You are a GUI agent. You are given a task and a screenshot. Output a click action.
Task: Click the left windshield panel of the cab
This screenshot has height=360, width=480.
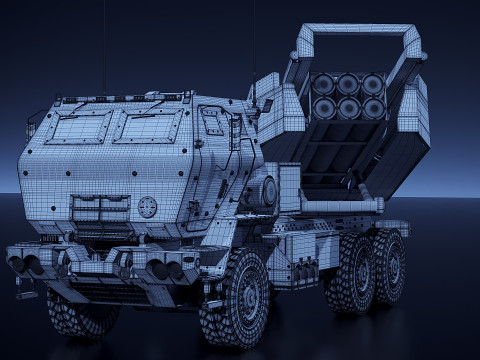79,127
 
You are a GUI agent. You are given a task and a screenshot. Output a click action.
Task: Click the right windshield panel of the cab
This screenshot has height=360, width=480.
148,126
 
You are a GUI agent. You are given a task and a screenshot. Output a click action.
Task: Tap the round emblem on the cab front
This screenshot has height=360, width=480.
148,207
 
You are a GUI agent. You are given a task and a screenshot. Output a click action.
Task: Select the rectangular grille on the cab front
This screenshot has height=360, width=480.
100,209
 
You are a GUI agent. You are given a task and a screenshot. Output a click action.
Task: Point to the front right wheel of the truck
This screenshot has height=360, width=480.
236,297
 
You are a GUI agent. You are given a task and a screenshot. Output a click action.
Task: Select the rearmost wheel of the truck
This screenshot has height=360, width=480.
388,264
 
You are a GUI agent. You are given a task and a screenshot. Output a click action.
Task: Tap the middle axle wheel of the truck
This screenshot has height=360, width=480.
351,272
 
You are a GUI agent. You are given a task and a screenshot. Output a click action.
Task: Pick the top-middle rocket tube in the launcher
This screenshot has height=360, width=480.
349,85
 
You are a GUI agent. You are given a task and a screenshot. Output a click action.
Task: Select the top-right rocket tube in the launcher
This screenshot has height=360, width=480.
373,85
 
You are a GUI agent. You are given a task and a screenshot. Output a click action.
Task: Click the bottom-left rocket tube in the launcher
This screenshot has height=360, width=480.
325,108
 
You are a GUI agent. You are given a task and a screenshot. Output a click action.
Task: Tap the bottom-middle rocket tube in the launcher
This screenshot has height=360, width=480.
349,108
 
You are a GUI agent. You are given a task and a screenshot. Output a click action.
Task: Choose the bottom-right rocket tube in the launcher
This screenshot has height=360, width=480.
372,107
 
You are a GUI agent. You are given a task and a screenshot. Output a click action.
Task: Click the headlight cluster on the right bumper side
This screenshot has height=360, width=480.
163,269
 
